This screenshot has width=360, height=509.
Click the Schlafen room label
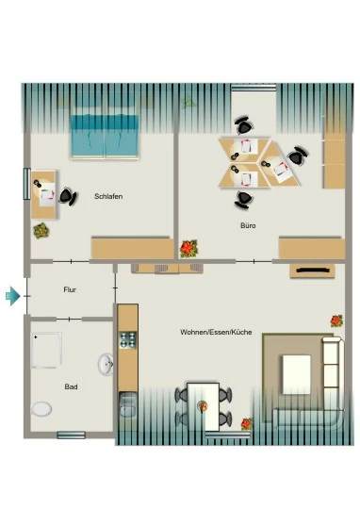click(x=108, y=196)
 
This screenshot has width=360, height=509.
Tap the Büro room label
click(x=249, y=225)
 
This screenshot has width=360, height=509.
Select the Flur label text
click(x=70, y=289)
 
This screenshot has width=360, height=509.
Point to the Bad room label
click(x=71, y=386)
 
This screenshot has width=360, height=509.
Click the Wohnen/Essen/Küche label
click(x=216, y=332)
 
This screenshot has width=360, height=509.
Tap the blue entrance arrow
click(x=13, y=296)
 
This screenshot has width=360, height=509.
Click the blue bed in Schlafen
click(x=105, y=136)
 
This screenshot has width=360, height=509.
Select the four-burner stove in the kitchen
click(x=128, y=340)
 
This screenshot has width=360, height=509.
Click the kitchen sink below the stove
click(x=128, y=404)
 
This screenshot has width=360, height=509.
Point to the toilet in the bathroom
click(x=41, y=409)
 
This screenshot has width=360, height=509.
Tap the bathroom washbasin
click(x=106, y=365)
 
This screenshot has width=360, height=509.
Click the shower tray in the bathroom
click(x=47, y=351)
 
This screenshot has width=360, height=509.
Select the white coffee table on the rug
click(x=297, y=374)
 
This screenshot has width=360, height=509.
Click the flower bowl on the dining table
click(x=204, y=406)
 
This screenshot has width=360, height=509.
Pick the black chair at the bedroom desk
click(x=67, y=196)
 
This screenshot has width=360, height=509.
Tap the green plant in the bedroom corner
click(x=41, y=231)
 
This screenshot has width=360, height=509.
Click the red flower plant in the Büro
click(x=188, y=249)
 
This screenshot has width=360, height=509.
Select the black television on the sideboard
click(x=312, y=270)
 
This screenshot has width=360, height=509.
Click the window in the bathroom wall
click(x=71, y=435)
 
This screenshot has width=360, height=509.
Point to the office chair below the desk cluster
click(x=244, y=199)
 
